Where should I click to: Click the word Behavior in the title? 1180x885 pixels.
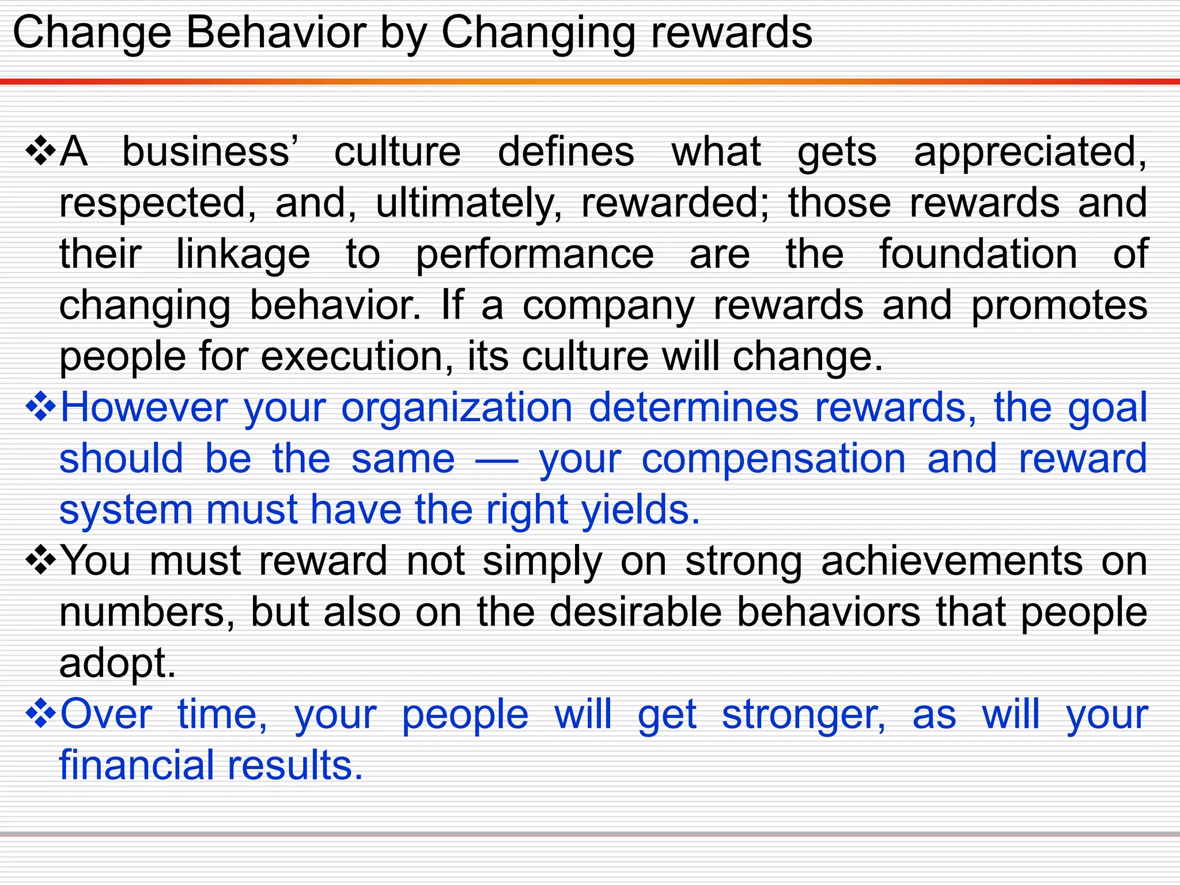pos(275,32)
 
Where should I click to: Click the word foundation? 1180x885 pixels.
pos(978,254)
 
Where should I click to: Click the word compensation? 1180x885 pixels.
pos(774,460)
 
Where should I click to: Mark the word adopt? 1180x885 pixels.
pos(117,664)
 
